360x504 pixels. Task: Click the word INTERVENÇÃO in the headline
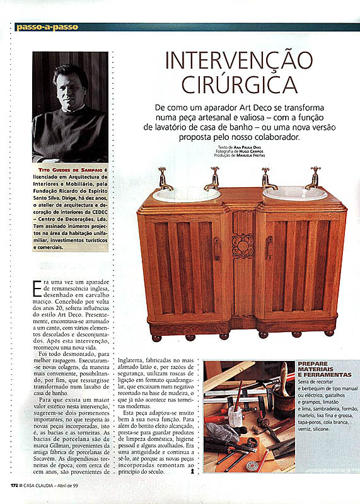(x=238, y=62)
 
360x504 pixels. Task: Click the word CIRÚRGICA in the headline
(x=238, y=84)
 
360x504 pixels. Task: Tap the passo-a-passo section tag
(x=38, y=27)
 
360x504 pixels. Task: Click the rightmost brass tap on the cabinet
(x=313, y=178)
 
